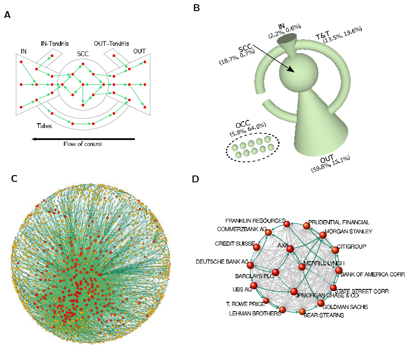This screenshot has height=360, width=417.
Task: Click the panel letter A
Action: click(7, 15)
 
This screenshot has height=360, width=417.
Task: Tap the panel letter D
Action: click(195, 179)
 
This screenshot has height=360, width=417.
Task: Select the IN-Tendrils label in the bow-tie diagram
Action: click(54, 43)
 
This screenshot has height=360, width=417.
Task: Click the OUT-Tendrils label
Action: click(109, 43)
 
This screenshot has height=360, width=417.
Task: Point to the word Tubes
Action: click(45, 126)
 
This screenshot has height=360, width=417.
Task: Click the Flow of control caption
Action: click(83, 144)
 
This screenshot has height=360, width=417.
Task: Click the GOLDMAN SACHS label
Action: click(345, 307)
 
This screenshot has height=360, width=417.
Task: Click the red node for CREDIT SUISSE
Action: click(256, 247)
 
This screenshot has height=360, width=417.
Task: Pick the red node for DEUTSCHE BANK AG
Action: click(250, 266)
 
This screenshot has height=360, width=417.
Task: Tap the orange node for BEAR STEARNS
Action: click(302, 311)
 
